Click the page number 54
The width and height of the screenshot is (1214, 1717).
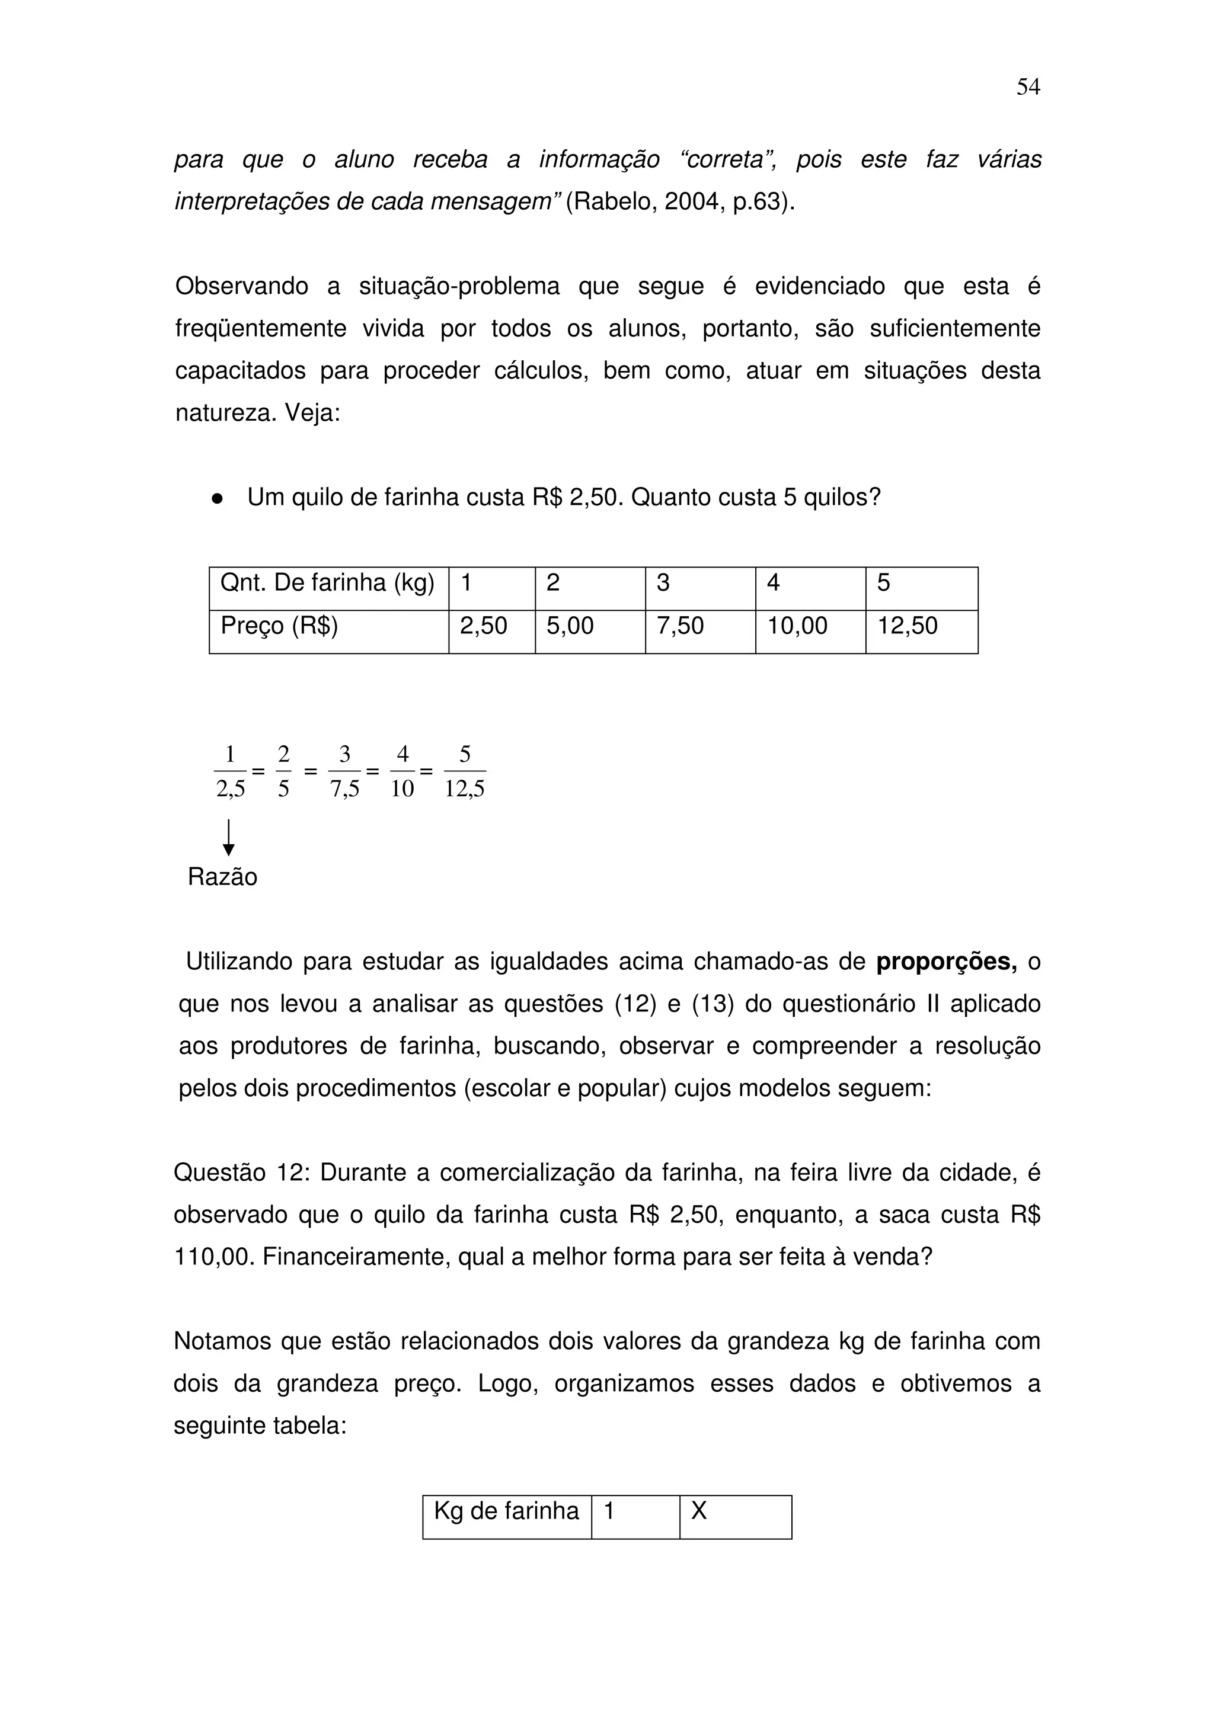pos(1028,88)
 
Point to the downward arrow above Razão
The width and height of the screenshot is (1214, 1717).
pos(229,838)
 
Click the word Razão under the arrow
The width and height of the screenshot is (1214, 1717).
pos(222,877)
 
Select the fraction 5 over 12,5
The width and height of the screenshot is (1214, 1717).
pos(465,771)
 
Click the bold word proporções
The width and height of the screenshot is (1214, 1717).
pos(946,962)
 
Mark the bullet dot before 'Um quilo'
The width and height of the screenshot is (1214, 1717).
pos(218,498)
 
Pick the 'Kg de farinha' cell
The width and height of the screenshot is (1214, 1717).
pos(506,1511)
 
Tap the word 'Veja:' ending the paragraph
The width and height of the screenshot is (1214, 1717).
pos(312,413)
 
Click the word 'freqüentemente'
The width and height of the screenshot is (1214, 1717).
pos(260,328)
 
